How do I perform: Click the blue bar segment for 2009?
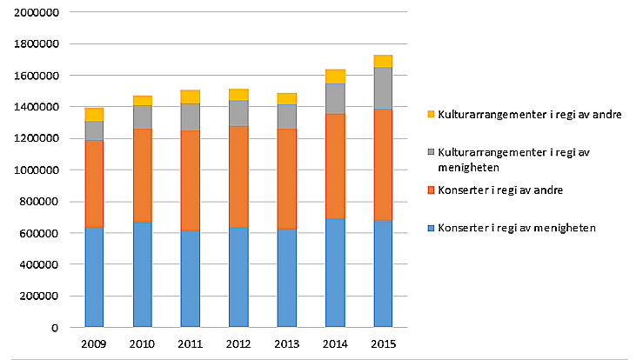94,277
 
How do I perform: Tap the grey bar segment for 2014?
334,98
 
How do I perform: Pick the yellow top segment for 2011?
190,97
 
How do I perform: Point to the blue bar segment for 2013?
286,277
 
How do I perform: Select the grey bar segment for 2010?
142,117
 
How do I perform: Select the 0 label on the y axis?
54,328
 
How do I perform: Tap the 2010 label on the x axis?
142,344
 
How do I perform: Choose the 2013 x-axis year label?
286,344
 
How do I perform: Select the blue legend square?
431,228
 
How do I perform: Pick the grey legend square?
431,152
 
